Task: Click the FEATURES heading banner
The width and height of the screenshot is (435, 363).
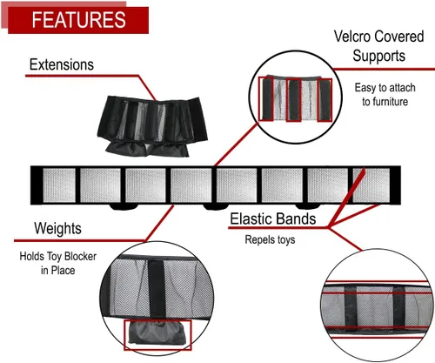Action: point(78,20)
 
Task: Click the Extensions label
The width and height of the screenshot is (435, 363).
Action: point(62,64)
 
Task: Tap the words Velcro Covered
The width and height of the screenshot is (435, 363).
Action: point(378,37)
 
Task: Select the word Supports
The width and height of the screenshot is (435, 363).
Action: point(378,56)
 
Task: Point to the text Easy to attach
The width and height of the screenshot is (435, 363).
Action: point(385,88)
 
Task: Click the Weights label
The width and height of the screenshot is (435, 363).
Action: point(57,228)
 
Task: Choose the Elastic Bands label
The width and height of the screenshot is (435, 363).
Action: point(273,218)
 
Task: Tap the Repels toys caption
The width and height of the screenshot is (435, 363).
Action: point(270,239)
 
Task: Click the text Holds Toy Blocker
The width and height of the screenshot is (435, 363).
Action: point(58,256)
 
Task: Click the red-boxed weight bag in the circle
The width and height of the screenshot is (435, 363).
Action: point(157,335)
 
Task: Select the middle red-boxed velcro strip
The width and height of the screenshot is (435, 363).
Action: point(293,100)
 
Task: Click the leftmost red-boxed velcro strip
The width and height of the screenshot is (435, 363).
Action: point(266,98)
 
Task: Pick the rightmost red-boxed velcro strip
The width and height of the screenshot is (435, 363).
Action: point(325,100)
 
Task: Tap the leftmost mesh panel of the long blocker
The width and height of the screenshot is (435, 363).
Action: point(59,185)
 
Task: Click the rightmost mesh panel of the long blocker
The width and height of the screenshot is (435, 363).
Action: point(371,185)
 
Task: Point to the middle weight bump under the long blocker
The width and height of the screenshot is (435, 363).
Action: point(216,206)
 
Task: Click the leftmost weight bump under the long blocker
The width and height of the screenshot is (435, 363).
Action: point(124,206)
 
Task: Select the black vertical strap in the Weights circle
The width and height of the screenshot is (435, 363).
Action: point(157,290)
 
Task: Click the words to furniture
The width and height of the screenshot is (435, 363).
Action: point(385,102)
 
